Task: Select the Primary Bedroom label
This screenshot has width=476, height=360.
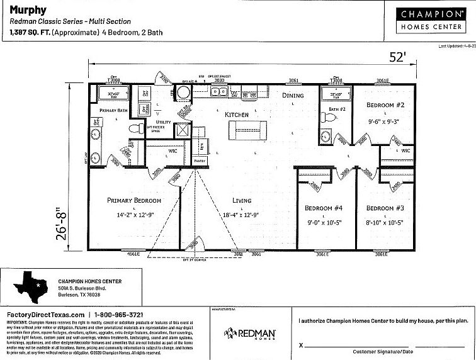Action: [134, 201]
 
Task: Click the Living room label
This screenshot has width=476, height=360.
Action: [241, 201]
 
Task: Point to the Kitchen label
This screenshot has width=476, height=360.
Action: [237, 115]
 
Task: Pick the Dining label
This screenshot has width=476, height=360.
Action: [292, 96]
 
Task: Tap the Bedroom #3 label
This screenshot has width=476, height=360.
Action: [385, 208]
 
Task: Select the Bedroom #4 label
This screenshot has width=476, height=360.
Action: [324, 208]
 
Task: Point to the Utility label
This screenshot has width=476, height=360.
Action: [164, 122]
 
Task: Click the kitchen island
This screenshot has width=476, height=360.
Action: [246, 130]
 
